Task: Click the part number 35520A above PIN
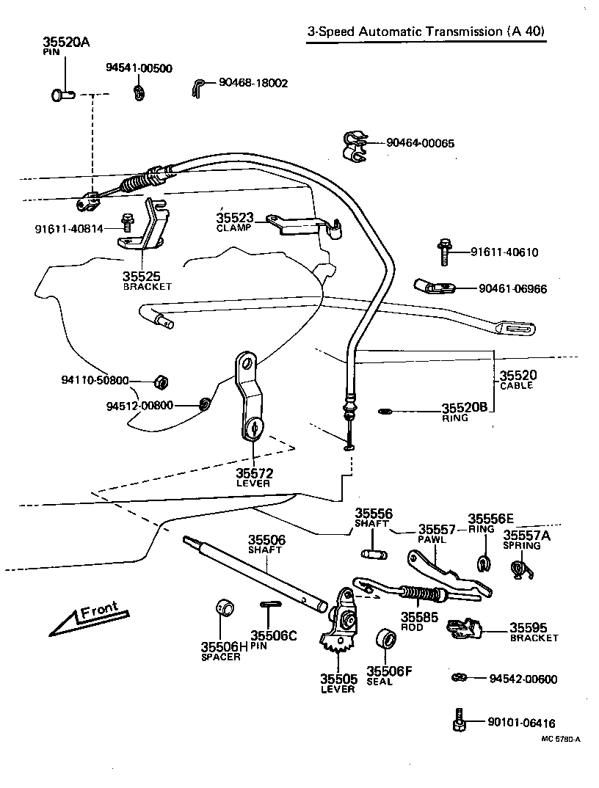65,43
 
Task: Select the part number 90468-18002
253,83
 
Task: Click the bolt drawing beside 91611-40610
443,252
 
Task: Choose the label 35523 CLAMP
234,222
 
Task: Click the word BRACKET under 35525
147,287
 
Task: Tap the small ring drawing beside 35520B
384,411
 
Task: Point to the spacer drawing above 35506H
225,608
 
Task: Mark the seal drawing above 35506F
385,638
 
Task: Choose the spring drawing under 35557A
520,569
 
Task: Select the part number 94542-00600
523,679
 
